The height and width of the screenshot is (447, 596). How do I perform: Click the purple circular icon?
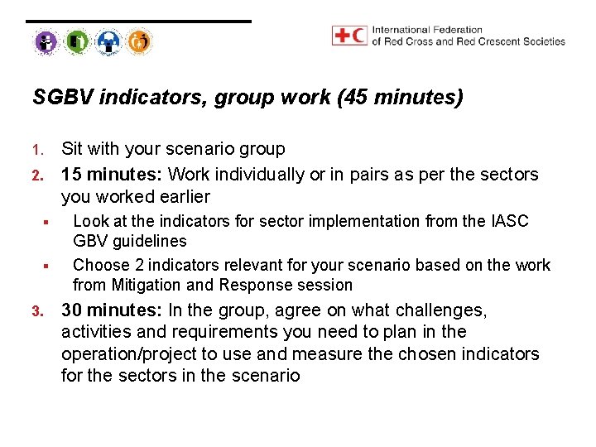click(46, 41)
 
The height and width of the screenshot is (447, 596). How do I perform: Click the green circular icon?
click(77, 41)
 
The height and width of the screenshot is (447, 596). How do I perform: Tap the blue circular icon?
click(108, 41)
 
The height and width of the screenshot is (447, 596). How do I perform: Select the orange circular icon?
click(140, 41)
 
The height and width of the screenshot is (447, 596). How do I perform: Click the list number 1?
click(36, 151)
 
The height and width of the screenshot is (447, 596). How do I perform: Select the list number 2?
click(36, 175)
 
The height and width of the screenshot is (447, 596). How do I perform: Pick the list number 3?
click(36, 312)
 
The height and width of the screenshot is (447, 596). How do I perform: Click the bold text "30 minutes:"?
click(112, 310)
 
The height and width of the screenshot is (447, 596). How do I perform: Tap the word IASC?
click(509, 221)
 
